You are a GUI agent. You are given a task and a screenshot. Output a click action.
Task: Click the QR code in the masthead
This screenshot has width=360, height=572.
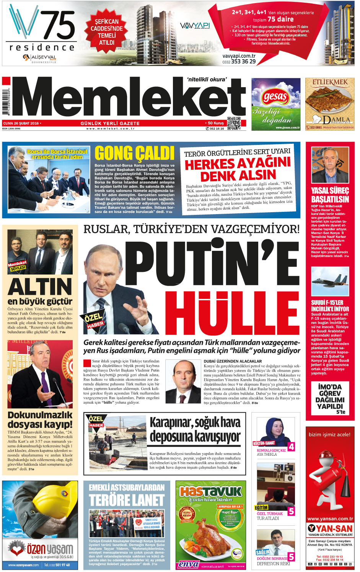234,123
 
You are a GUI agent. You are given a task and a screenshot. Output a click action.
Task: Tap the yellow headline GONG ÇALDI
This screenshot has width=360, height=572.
134,153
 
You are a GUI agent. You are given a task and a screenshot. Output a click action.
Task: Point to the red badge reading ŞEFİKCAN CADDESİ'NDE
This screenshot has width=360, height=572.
107,32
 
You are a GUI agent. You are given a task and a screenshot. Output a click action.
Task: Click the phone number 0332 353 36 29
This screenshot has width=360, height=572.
239,61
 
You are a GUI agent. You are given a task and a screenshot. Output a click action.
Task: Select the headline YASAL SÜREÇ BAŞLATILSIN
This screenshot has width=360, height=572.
330,195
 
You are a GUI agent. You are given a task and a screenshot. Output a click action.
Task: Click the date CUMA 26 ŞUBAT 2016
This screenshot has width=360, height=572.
21,123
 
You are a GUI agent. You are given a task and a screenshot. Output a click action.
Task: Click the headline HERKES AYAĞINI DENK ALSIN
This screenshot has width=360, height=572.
238,169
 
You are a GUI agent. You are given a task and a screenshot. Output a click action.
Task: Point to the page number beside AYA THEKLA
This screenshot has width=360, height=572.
291,446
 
